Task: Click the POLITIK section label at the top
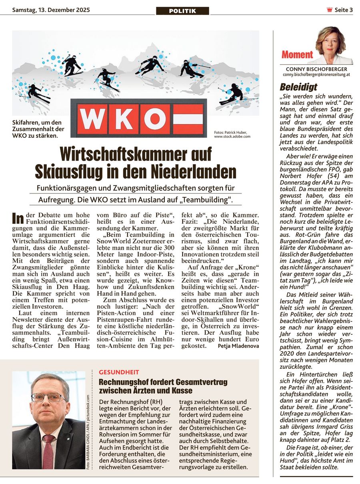182,11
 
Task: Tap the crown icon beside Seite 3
329,10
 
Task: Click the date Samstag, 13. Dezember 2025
51,10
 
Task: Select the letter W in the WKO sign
91,119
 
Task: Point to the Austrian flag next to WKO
188,119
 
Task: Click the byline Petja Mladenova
238,345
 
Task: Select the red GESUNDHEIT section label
119,372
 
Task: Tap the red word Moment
297,54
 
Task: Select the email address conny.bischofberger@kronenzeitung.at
316,75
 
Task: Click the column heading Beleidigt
298,87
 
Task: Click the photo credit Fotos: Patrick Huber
230,133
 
